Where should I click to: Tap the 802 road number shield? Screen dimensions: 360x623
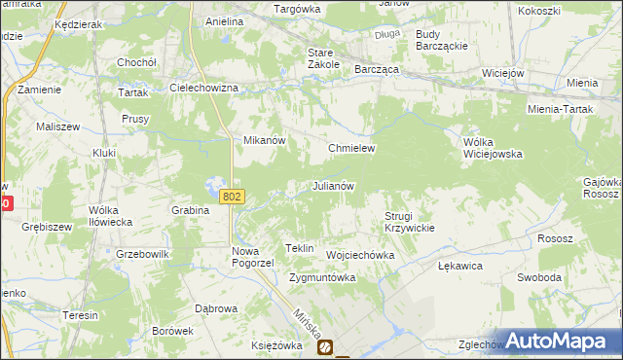point(231,197)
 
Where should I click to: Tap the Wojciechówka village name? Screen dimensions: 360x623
point(359,255)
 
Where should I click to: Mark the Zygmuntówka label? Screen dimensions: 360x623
point(322,277)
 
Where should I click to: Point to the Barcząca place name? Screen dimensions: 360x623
point(378,70)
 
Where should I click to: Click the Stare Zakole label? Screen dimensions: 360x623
point(322,57)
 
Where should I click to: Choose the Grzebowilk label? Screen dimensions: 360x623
point(142,255)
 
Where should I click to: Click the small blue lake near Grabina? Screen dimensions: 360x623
point(213,184)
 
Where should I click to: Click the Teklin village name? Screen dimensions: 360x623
point(299,249)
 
